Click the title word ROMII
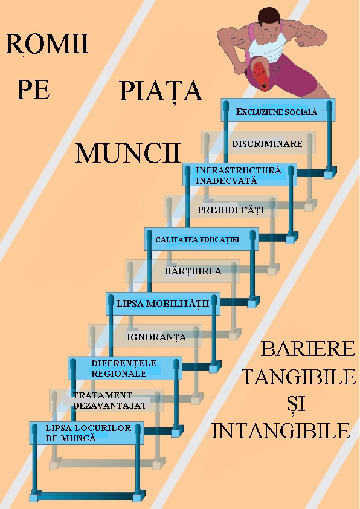click(47, 44)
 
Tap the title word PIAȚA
click(161, 91)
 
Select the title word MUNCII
click(128, 153)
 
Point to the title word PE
click(33, 89)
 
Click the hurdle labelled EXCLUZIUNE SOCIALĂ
click(276, 112)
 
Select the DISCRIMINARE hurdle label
click(267, 143)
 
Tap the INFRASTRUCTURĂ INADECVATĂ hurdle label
click(239, 175)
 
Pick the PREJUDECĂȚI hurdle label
click(231, 210)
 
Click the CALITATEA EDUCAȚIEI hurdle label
click(197, 240)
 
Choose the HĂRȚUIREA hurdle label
click(193, 271)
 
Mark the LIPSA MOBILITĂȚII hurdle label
click(163, 304)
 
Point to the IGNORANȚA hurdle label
click(156, 337)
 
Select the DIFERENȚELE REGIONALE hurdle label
click(124, 368)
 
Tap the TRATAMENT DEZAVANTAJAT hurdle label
click(109, 400)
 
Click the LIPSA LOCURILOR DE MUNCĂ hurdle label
click(88, 433)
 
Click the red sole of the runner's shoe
click(260, 73)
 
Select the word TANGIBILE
click(299, 377)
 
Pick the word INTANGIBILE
click(281, 431)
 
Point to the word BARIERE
click(308, 349)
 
